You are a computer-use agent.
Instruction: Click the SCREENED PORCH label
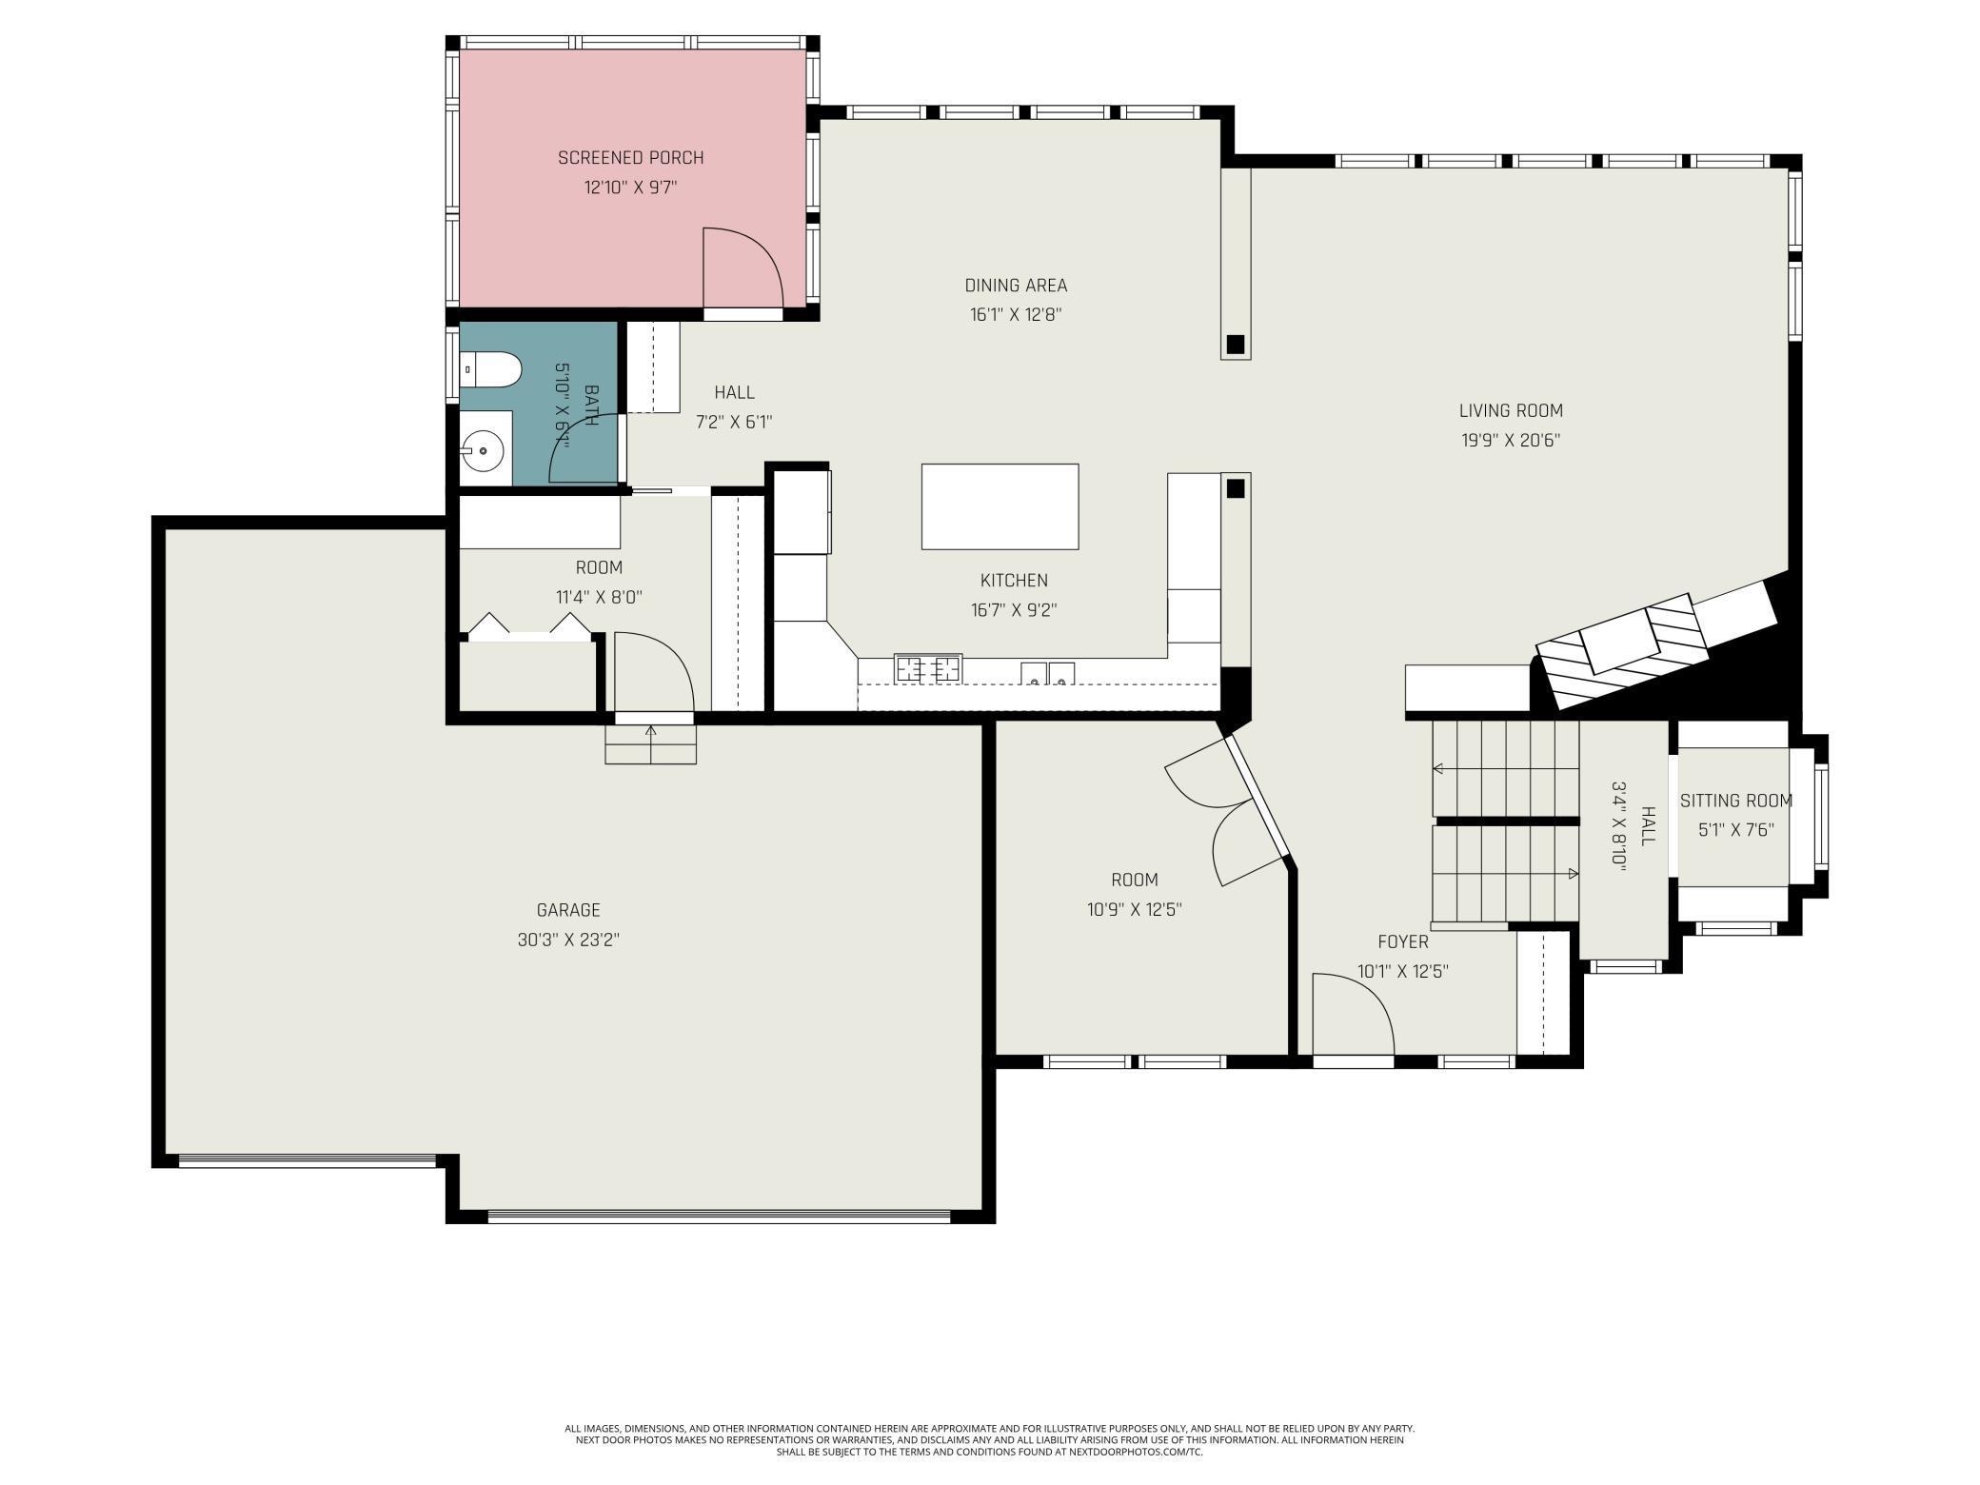(630, 158)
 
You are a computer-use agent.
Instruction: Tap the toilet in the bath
(490, 369)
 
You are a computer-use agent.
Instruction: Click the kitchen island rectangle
(1000, 506)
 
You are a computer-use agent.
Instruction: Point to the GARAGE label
(568, 910)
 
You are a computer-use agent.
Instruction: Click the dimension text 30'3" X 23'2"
(568, 940)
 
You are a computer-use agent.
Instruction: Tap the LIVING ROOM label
(1511, 411)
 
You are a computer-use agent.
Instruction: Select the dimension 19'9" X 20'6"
(1511, 441)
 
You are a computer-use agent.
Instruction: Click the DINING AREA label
(1016, 286)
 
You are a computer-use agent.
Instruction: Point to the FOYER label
(1403, 942)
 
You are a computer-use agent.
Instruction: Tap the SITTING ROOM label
(1736, 802)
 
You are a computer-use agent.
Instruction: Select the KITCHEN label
(1014, 581)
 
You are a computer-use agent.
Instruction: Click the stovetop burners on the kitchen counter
(928, 669)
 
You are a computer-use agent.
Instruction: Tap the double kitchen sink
(1048, 674)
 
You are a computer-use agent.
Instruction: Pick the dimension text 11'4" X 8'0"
(599, 598)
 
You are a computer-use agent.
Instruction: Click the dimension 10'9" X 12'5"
(1135, 910)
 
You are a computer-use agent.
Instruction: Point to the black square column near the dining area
(1236, 344)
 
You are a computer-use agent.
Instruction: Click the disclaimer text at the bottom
(990, 1440)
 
